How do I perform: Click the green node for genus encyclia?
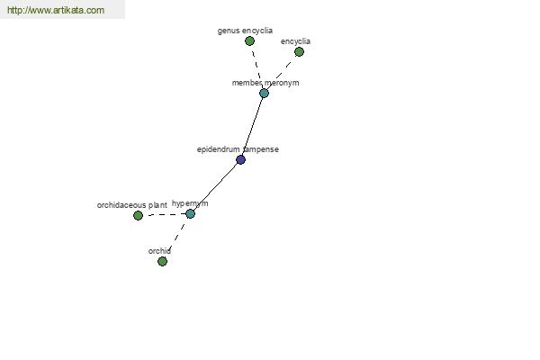pos(249,40)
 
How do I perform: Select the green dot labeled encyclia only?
pos(299,51)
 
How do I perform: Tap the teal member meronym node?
pos(264,93)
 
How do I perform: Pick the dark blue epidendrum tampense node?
pos(240,159)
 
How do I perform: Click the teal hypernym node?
pos(190,213)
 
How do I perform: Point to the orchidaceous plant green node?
pos(138,215)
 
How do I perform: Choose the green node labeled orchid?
pos(162,261)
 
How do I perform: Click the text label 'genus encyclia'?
pos(245,31)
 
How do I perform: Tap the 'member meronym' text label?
pos(265,83)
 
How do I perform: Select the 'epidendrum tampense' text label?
pos(238,149)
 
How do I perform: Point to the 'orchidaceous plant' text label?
pos(131,205)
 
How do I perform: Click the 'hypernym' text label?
pos(190,203)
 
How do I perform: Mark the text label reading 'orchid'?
pos(159,251)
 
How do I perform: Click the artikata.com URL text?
pos(55,10)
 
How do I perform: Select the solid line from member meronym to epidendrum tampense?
pos(252,126)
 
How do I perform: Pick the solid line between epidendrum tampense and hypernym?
pos(215,186)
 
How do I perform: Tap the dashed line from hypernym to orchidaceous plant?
pos(164,214)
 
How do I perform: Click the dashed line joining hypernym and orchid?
pos(176,237)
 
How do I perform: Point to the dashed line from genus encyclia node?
pos(256,67)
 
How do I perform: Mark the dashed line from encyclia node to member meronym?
pos(282,72)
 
